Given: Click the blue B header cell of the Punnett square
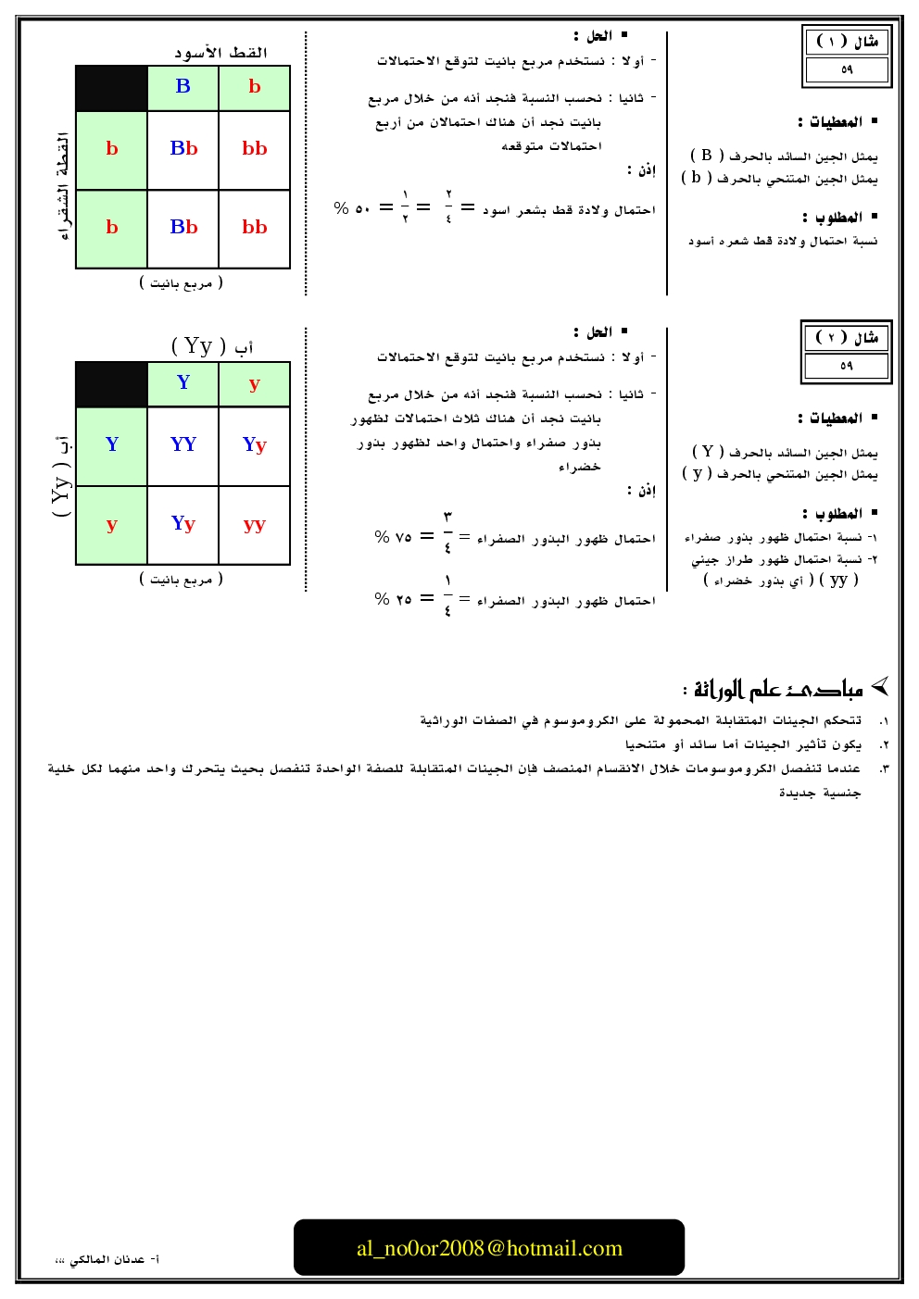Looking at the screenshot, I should click(183, 87).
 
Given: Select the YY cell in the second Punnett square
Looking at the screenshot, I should click(183, 444).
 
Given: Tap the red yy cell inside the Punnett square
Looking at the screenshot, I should click(255, 524).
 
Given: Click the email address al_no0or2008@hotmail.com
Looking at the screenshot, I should click(489, 1248).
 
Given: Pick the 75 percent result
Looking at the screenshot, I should click(393, 537).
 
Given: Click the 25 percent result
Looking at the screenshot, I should click(393, 600).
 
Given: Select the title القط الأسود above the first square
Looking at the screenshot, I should click(220, 53).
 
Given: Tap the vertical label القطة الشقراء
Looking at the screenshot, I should click(62, 186).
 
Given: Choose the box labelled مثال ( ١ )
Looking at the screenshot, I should click(847, 42).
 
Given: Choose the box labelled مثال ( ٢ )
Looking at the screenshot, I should click(847, 338).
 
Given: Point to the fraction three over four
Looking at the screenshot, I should click(447, 531).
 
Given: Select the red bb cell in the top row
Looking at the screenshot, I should click(255, 148).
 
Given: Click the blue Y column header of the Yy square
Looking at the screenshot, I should click(183, 382).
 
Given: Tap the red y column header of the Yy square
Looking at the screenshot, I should click(255, 383).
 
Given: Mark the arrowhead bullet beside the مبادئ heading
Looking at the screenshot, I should click(880, 686).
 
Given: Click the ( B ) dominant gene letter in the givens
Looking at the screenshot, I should click(707, 156).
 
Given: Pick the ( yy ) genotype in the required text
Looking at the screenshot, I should click(838, 580).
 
